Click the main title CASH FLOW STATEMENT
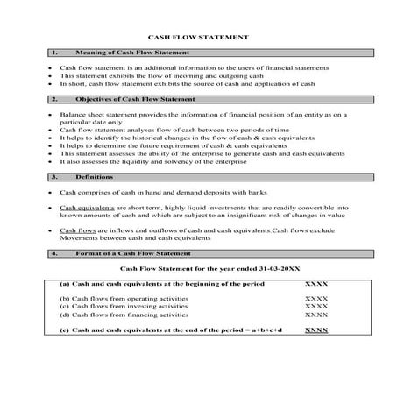click(199, 38)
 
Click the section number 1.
click(55, 53)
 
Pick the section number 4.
click(55, 252)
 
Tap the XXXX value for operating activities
click(315, 298)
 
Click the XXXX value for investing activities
click(315, 306)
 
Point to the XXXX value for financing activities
click(315, 314)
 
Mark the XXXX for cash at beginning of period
click(315, 285)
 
